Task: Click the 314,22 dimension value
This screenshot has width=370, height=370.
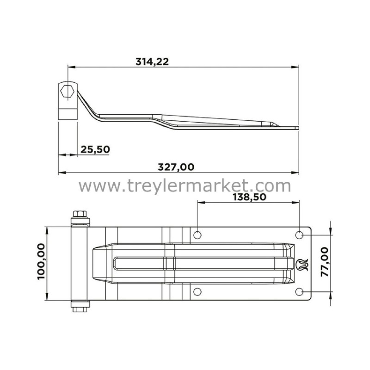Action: click(x=152, y=62)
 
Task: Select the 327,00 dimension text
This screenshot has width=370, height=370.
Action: click(x=176, y=167)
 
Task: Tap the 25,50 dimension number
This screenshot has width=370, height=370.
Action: click(x=95, y=149)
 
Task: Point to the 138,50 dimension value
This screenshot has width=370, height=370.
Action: click(x=250, y=197)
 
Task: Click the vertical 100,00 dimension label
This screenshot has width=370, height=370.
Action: click(x=41, y=262)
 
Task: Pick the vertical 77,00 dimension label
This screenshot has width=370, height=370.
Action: click(x=325, y=262)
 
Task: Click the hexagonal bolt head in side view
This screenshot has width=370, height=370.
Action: click(x=67, y=91)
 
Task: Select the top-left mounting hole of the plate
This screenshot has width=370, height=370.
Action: click(x=197, y=235)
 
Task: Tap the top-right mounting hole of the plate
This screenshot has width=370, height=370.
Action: click(x=299, y=235)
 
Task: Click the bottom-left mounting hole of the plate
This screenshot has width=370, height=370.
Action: click(x=197, y=292)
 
